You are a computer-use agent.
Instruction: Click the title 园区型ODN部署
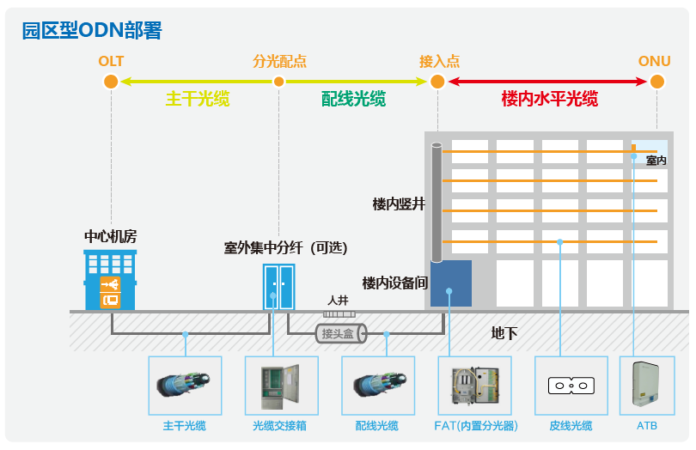[91, 31]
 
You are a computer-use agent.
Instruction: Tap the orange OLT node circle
[110, 82]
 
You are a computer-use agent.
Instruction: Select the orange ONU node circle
[657, 82]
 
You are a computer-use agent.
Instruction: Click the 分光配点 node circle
[278, 82]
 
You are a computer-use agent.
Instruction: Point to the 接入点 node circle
[437, 82]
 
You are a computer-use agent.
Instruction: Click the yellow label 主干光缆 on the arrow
[198, 99]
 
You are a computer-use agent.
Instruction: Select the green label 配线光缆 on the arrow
[353, 99]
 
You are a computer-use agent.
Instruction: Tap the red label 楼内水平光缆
[549, 99]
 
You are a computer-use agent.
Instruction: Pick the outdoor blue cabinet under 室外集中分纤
[278, 287]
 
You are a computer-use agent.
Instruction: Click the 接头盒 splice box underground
[340, 333]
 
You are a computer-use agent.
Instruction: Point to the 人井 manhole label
[338, 301]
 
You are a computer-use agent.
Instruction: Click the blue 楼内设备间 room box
[451, 283]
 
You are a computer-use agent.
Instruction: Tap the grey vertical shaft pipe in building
[437, 203]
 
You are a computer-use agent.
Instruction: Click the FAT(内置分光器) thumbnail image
[468, 386]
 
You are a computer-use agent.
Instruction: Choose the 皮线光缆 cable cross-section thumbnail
[571, 386]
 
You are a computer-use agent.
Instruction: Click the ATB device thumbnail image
[647, 386]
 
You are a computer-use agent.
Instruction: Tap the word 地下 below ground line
[504, 333]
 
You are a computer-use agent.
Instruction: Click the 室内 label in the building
[656, 161]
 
